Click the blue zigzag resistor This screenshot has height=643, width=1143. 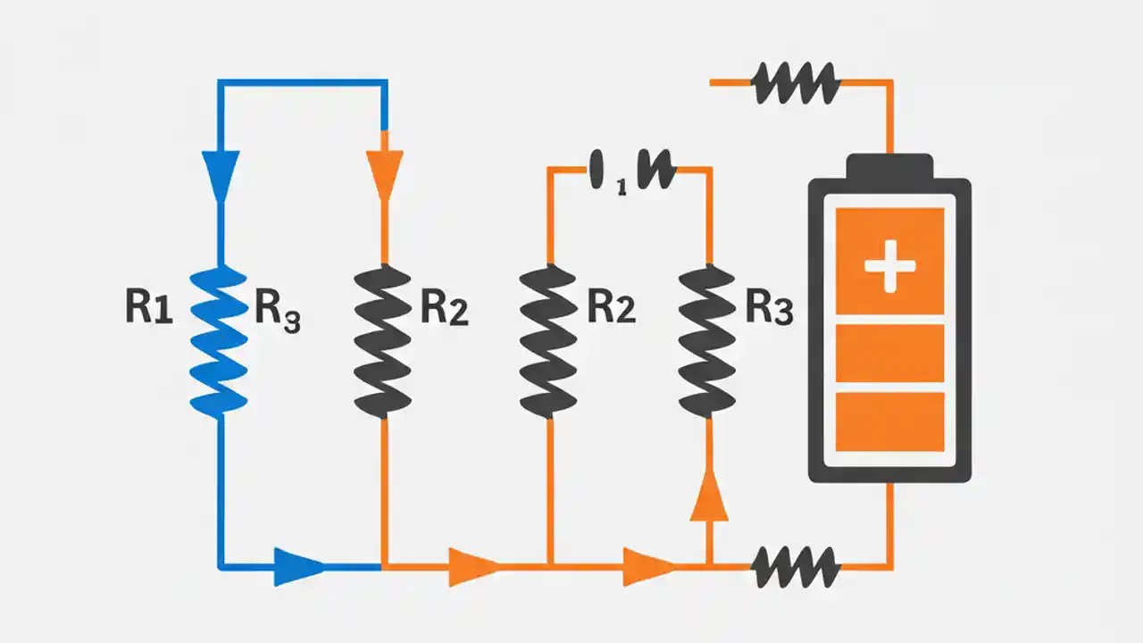tap(220, 340)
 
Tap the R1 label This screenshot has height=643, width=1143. tap(149, 306)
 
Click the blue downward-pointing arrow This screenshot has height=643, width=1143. tap(220, 173)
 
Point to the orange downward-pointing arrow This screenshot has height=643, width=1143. tap(384, 173)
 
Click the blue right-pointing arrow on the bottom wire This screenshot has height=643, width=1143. tap(298, 566)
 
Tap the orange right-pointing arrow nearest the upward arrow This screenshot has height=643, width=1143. tap(647, 566)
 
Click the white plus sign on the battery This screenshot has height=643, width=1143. tap(889, 265)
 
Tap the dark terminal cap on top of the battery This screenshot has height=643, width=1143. tap(889, 166)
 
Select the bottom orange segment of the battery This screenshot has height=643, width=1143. tap(889, 421)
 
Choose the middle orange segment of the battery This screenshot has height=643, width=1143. tap(889, 353)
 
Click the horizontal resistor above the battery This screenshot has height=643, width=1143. tap(796, 83)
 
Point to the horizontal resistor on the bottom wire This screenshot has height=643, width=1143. tap(796, 566)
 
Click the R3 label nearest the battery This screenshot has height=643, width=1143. tap(769, 308)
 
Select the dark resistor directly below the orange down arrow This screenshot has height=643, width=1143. tap(384, 340)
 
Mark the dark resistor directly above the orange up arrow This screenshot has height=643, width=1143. tap(709, 340)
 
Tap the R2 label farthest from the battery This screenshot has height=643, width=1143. tap(444, 308)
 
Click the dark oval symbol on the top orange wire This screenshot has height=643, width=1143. tap(599, 169)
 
